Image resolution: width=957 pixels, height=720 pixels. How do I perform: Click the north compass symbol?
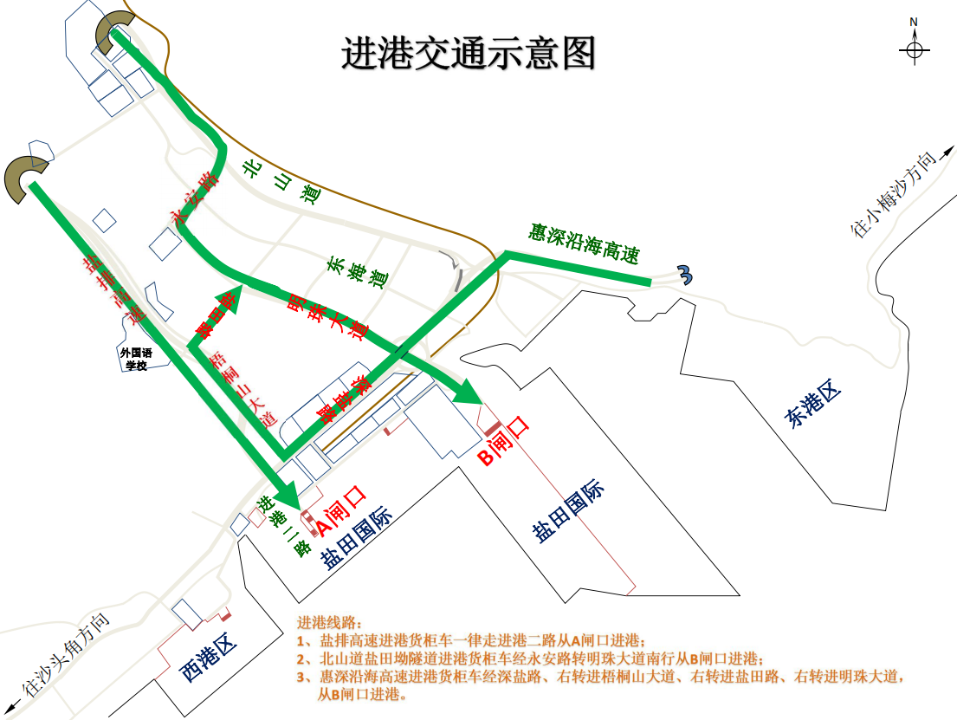point(914,50)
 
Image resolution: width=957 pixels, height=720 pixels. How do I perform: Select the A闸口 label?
point(341,509)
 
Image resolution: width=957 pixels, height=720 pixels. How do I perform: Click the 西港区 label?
point(208,658)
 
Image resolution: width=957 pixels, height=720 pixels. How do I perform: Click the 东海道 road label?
point(356,272)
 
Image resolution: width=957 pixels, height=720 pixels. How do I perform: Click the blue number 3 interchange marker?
point(686,275)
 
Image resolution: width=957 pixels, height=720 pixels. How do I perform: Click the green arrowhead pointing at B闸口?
point(468,392)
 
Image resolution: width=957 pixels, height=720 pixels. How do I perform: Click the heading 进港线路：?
point(331,622)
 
